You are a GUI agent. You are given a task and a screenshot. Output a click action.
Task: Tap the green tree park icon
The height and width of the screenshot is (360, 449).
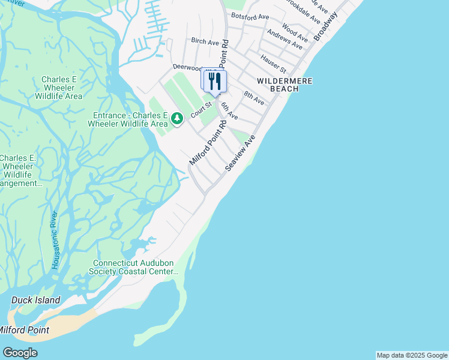tap(176, 118)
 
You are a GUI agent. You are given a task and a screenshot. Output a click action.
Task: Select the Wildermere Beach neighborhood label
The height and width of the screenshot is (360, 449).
tap(278, 84)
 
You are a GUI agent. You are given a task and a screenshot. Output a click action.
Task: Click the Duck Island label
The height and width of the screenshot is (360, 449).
tap(36, 300)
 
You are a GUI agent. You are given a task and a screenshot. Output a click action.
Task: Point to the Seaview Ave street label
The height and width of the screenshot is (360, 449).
tap(240, 154)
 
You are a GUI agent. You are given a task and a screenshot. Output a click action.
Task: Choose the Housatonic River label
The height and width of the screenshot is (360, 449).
tap(55, 240)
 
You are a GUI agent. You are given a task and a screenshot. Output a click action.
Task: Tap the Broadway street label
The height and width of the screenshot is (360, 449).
tap(326, 26)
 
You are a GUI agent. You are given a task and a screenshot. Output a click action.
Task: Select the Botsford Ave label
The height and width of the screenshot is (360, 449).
tap(250, 16)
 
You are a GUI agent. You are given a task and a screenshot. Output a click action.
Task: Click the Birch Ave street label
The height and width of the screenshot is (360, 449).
tap(205, 42)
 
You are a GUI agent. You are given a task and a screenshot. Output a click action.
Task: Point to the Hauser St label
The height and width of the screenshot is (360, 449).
tap(273, 61)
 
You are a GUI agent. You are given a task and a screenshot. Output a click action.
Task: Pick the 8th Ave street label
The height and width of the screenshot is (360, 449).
tap(254, 98)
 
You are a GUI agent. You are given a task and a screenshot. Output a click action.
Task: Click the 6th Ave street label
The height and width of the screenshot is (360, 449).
tap(229, 110)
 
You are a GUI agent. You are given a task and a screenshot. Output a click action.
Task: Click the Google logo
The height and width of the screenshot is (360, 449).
tap(20, 353)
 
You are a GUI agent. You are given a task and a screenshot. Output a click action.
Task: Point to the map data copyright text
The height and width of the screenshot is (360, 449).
tap(412, 355)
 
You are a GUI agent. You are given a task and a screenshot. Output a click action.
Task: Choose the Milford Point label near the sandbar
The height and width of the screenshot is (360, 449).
tap(24, 330)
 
